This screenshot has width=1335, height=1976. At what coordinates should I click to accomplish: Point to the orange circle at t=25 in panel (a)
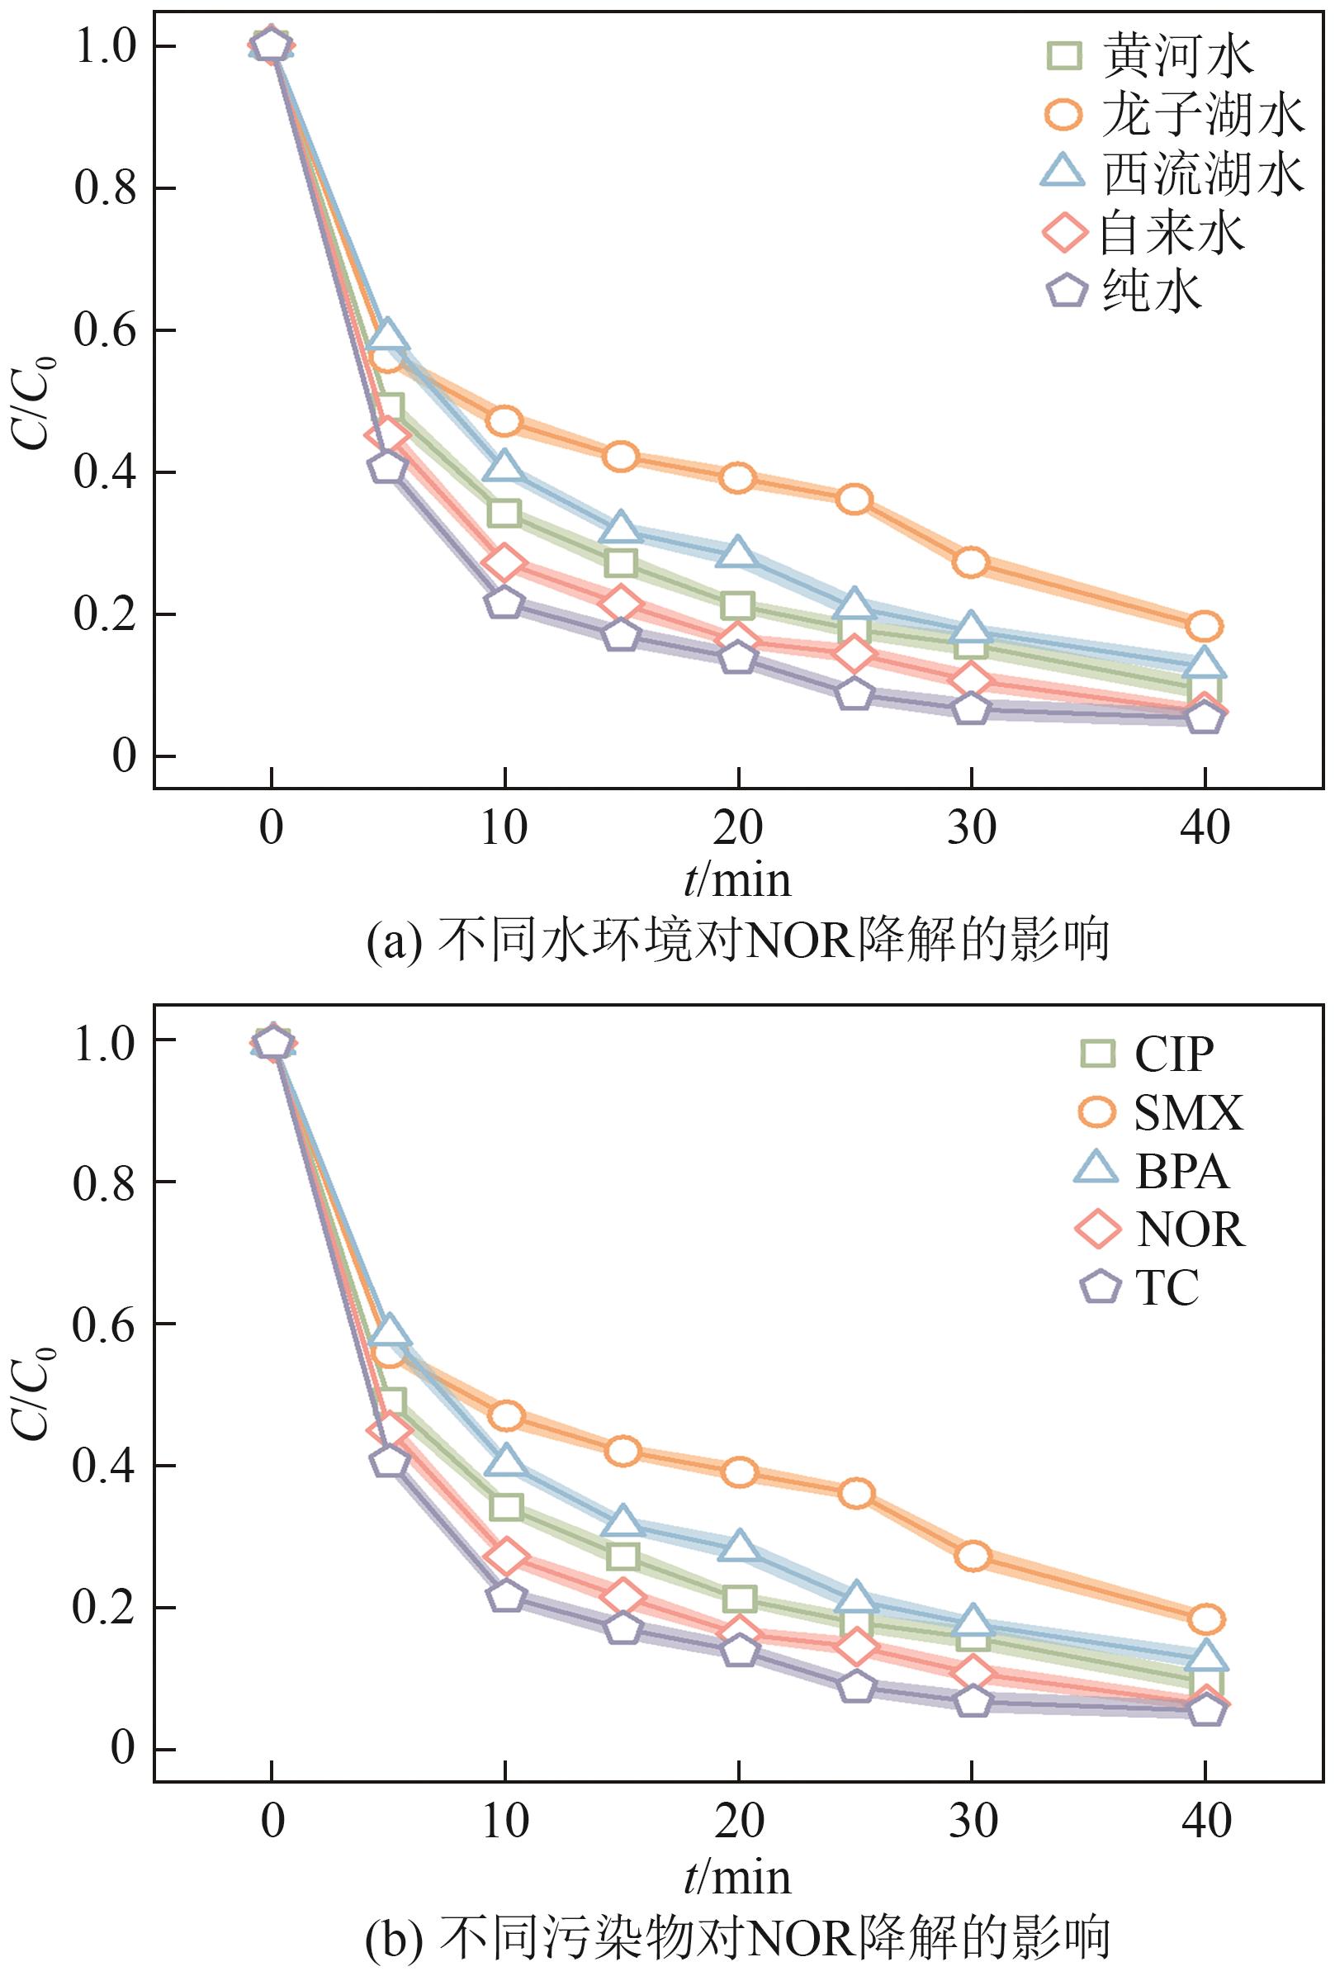tap(854, 499)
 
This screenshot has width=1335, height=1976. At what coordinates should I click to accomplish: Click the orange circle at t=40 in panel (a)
tap(1205, 627)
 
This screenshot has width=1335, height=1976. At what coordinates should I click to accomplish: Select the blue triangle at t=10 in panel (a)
tap(504, 467)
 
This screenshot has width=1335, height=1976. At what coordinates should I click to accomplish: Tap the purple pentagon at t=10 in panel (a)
tap(504, 603)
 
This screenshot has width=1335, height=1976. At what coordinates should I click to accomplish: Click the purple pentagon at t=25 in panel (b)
tap(856, 1688)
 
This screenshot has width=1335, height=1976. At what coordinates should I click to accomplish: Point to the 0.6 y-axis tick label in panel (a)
tap(105, 331)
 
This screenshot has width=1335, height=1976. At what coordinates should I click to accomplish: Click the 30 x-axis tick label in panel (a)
tap(972, 827)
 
